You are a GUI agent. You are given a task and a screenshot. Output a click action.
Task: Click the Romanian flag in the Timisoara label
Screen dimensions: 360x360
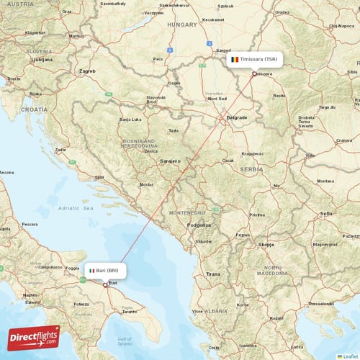235,58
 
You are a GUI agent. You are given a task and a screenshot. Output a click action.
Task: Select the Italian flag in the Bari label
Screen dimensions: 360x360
91,271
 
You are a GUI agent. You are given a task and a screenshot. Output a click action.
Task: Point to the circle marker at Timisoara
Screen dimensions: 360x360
254,73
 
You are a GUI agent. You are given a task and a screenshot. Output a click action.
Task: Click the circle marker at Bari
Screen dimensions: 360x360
106,284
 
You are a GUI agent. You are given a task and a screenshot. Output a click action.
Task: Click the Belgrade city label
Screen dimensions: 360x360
237,117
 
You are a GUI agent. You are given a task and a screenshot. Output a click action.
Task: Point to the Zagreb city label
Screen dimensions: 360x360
88,71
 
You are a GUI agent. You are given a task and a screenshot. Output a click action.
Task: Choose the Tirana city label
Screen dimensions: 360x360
213,274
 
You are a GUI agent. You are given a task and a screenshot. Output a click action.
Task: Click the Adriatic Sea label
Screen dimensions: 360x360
78,207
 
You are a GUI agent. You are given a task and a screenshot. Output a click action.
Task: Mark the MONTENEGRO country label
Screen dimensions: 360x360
187,214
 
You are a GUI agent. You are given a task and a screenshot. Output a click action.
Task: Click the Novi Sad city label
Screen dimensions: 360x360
217,99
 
